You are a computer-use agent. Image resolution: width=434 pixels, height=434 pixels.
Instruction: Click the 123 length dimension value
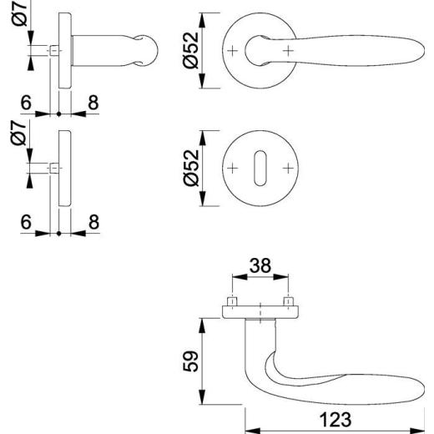336,420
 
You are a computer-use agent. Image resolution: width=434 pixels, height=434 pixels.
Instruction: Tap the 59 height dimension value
191,361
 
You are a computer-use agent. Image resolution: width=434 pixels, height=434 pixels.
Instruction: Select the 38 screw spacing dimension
260,265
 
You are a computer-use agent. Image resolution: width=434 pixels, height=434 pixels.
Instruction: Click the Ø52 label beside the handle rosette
191,50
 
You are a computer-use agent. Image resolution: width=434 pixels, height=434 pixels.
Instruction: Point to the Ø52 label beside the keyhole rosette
191,168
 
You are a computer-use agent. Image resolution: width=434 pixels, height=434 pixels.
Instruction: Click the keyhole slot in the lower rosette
260,169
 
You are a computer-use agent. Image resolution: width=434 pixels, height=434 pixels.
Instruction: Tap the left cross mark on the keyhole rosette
233,169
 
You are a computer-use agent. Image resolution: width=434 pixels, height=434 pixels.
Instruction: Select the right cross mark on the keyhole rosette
289,169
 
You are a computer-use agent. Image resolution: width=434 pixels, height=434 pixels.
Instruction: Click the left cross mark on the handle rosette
233,51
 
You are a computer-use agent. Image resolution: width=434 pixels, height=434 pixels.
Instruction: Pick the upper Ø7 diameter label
19,13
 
